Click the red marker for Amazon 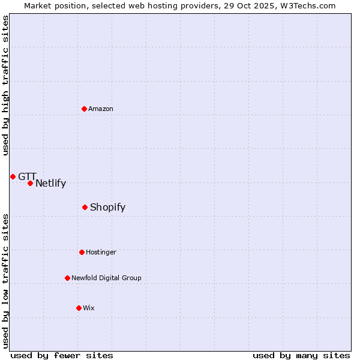85,109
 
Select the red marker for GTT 13,176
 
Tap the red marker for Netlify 30,183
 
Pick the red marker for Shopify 85,207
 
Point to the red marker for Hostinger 82,252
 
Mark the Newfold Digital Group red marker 67,278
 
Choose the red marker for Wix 79,308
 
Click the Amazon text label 101,109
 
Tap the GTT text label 27,176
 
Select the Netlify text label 50,184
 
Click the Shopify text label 107,208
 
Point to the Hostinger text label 101,253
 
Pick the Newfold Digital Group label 106,278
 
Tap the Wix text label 89,308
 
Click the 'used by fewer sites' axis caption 62,355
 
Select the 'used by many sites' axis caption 301,355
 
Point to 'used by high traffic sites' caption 5,85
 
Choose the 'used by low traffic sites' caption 5,281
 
